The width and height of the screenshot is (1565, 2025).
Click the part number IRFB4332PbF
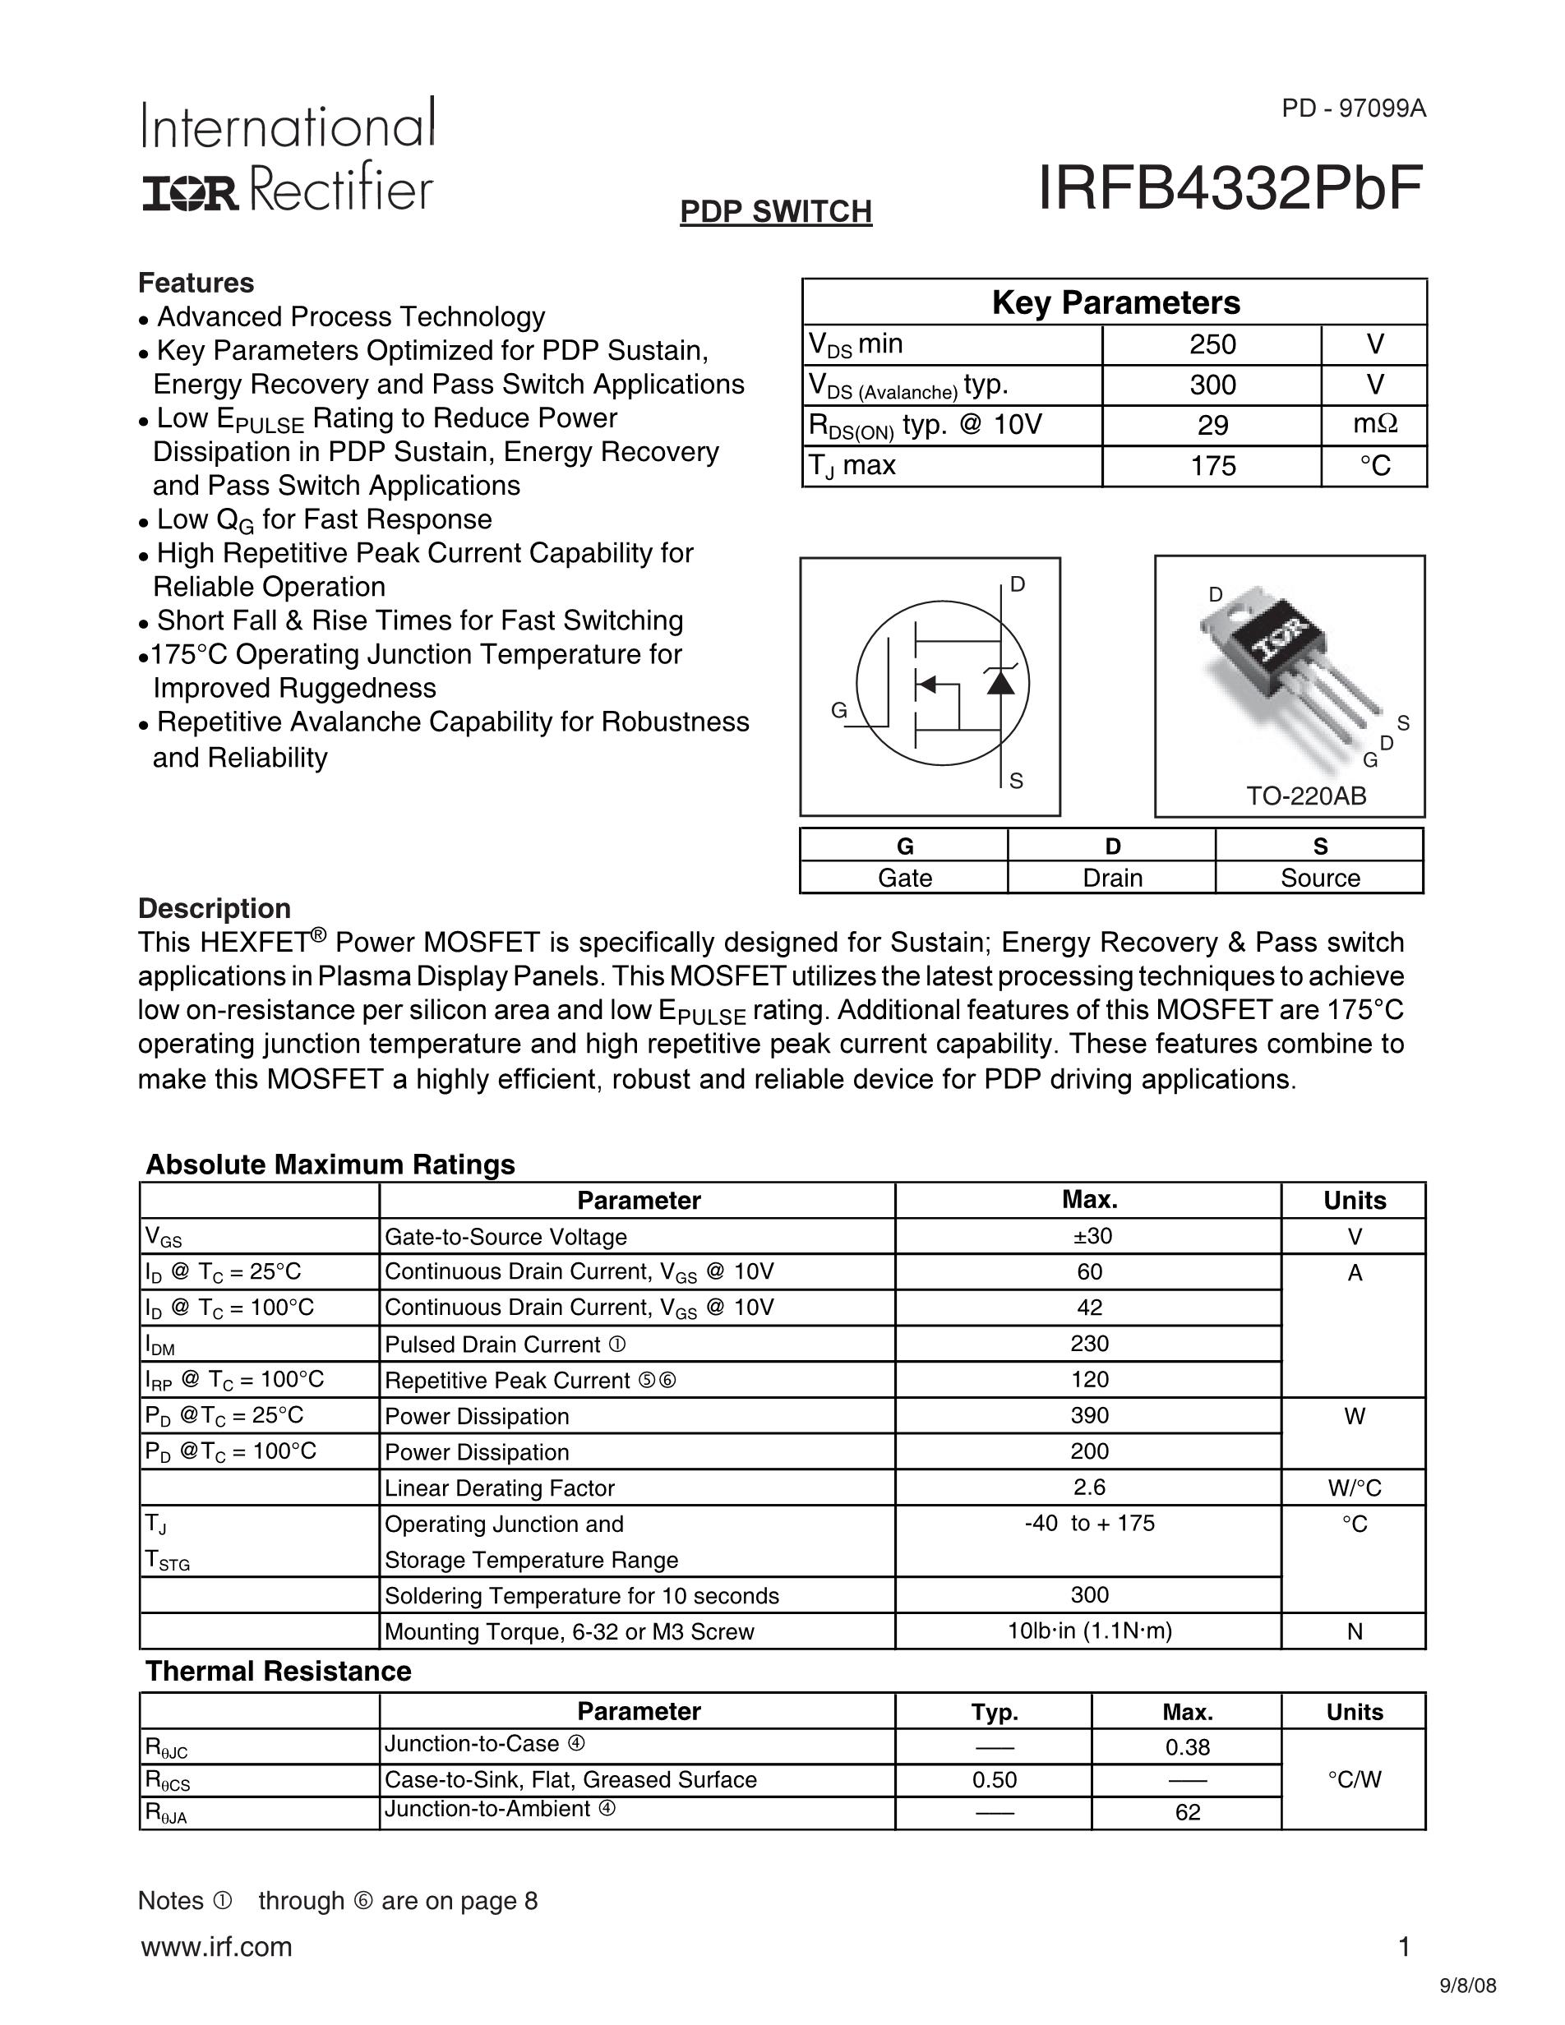point(1230,188)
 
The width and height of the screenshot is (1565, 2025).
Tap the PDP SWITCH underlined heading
point(776,211)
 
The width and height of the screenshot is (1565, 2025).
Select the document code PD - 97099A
point(1354,108)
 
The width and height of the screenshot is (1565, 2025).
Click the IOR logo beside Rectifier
point(189,193)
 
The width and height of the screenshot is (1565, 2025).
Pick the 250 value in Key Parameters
point(1212,345)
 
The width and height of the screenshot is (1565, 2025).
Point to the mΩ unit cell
point(1375,425)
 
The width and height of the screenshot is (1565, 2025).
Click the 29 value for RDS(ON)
point(1212,426)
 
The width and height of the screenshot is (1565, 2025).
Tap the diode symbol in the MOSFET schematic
point(1000,681)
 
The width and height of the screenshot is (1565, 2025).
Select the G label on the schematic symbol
point(839,710)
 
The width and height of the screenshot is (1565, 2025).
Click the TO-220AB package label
point(1305,796)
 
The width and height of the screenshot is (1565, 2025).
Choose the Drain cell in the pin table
point(1111,877)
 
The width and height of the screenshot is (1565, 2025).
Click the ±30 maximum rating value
point(1089,1236)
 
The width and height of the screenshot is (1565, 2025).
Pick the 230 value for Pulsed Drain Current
point(1089,1344)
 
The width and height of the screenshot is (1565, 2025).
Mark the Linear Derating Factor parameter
point(500,1488)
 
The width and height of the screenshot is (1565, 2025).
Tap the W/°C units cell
point(1355,1488)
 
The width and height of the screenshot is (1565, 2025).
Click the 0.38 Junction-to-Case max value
point(1187,1748)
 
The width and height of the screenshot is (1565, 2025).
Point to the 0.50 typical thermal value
point(994,1779)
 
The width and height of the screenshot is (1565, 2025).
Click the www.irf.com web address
point(216,1946)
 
